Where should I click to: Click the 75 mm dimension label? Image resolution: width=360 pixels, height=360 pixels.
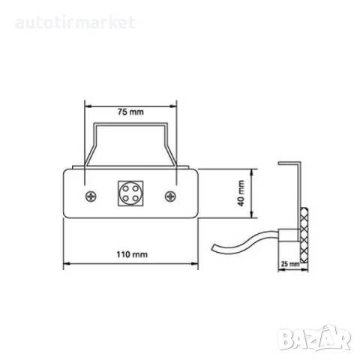pos(130,112)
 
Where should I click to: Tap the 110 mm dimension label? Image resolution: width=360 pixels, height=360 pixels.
pos(132,254)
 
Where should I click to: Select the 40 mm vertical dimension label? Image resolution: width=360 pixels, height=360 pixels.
pos(241,193)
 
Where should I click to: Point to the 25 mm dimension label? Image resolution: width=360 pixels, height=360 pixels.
pos(290,264)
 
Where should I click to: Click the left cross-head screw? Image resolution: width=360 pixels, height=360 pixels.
pos(91,196)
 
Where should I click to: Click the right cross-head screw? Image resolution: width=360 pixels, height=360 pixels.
pos(170,196)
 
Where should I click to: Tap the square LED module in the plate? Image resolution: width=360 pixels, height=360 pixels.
pos(130,193)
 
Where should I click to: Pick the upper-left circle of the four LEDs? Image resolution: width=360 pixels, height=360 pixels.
pos(125,188)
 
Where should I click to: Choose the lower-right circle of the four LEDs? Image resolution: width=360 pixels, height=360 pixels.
pos(136,199)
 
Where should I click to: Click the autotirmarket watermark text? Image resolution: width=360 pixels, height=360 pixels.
pos(75,22)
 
